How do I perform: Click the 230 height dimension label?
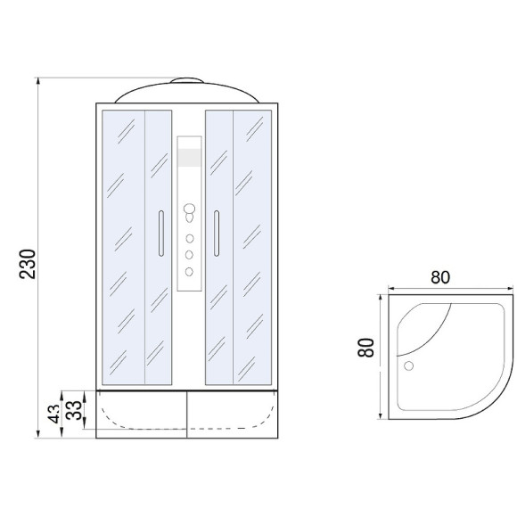(x=28, y=264)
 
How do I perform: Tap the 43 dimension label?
(x=54, y=414)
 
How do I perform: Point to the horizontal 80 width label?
(x=440, y=277)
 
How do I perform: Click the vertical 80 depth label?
(x=366, y=348)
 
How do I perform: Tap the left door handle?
(x=161, y=234)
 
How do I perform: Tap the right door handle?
(x=217, y=234)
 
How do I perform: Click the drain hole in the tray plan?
(x=409, y=365)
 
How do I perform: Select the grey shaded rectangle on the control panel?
(x=189, y=158)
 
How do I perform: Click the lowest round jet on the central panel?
(x=189, y=272)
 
